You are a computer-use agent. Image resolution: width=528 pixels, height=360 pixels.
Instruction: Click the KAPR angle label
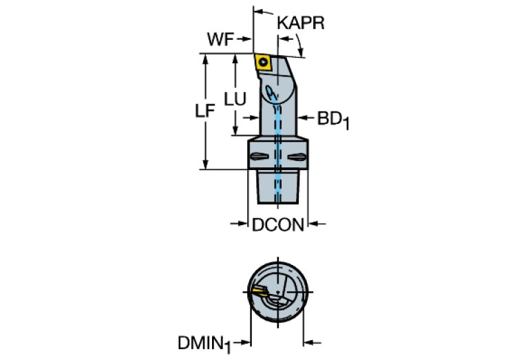301,23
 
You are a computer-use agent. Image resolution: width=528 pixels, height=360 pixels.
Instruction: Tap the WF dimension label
220,39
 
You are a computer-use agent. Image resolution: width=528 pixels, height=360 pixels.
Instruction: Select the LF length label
205,111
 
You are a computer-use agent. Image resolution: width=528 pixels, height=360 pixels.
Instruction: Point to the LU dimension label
235,99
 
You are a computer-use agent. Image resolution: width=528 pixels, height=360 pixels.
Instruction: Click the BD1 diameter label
333,120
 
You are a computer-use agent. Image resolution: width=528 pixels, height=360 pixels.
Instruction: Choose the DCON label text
278,224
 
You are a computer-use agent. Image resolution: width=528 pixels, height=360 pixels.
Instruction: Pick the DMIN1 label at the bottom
204,344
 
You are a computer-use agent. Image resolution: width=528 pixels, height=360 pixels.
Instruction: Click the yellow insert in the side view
264,63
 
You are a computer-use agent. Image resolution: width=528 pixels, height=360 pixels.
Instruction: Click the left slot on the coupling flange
260,156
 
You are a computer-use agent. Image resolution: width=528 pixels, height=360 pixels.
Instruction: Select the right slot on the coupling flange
297,156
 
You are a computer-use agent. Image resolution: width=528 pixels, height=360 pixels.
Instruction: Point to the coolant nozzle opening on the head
270,92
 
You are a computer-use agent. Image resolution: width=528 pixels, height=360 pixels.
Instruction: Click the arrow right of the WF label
244,39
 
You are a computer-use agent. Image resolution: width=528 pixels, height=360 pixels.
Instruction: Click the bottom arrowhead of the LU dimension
235,130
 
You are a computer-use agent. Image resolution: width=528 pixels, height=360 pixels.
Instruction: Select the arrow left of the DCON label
239,223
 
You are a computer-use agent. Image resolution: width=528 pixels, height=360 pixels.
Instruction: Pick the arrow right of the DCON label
317,223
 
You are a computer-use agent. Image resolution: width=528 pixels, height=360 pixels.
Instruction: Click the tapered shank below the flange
278,187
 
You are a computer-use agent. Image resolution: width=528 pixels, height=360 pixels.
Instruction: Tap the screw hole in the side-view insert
263,63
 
